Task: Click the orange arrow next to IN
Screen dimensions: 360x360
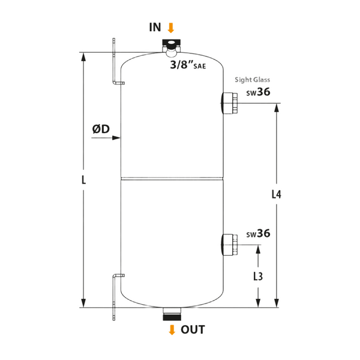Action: click(172, 28)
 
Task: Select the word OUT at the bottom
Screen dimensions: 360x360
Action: click(191, 329)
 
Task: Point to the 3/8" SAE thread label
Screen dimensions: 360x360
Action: click(188, 65)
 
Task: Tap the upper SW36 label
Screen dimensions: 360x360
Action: click(259, 94)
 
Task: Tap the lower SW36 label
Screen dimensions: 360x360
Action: click(258, 234)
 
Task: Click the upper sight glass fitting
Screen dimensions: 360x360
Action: click(229, 102)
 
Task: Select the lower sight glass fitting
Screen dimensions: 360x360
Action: click(229, 243)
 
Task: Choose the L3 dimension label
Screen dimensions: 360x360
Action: click(259, 277)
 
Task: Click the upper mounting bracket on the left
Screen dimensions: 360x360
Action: click(114, 63)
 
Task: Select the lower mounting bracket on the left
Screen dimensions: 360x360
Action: click(114, 294)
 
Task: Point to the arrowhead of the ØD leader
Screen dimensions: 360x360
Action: click(117, 138)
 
